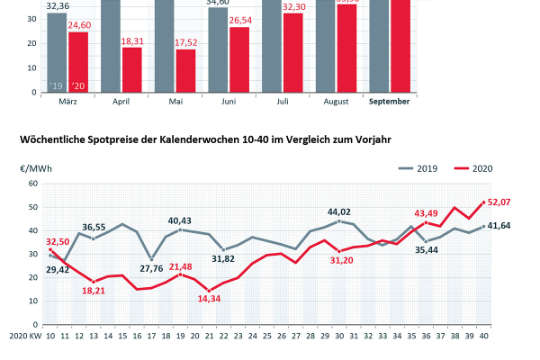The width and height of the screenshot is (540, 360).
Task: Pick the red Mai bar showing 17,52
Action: (x=184, y=71)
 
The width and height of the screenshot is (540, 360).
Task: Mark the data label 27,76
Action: (x=152, y=268)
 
